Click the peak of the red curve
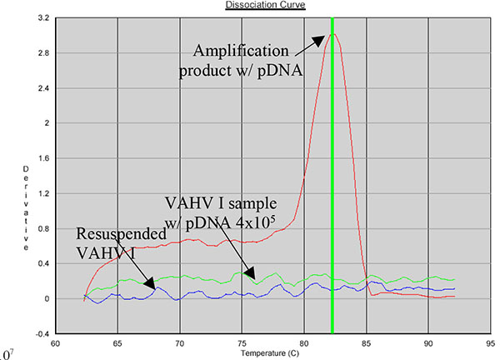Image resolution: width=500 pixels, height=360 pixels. (x=332, y=34)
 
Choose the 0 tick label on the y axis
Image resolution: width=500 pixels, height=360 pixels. (x=46, y=298)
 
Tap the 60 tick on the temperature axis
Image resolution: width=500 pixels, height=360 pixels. (x=56, y=342)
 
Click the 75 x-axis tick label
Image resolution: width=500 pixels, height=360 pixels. (x=242, y=342)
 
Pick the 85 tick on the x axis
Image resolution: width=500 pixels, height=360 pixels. (x=366, y=342)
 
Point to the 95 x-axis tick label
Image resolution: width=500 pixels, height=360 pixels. (x=490, y=342)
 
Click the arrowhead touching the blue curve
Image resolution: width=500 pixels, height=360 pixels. (x=150, y=285)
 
